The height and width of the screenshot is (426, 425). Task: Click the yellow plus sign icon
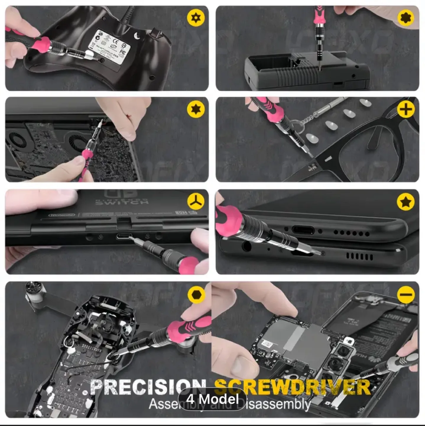tap(405, 110)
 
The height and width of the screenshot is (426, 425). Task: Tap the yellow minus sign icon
tap(406, 294)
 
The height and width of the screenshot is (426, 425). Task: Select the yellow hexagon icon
tap(196, 295)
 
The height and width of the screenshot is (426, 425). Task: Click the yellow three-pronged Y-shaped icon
tap(196, 202)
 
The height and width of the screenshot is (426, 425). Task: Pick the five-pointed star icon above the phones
tap(405, 202)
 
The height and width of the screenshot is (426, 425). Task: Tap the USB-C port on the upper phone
tap(303, 230)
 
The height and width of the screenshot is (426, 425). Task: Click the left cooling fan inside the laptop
tap(16, 141)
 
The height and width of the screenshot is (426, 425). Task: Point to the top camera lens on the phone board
tap(343, 351)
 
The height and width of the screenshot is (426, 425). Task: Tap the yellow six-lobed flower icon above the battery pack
tap(405, 18)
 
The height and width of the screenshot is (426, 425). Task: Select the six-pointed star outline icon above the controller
tap(196, 18)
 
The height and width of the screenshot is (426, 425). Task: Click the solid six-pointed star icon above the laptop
tap(196, 109)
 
